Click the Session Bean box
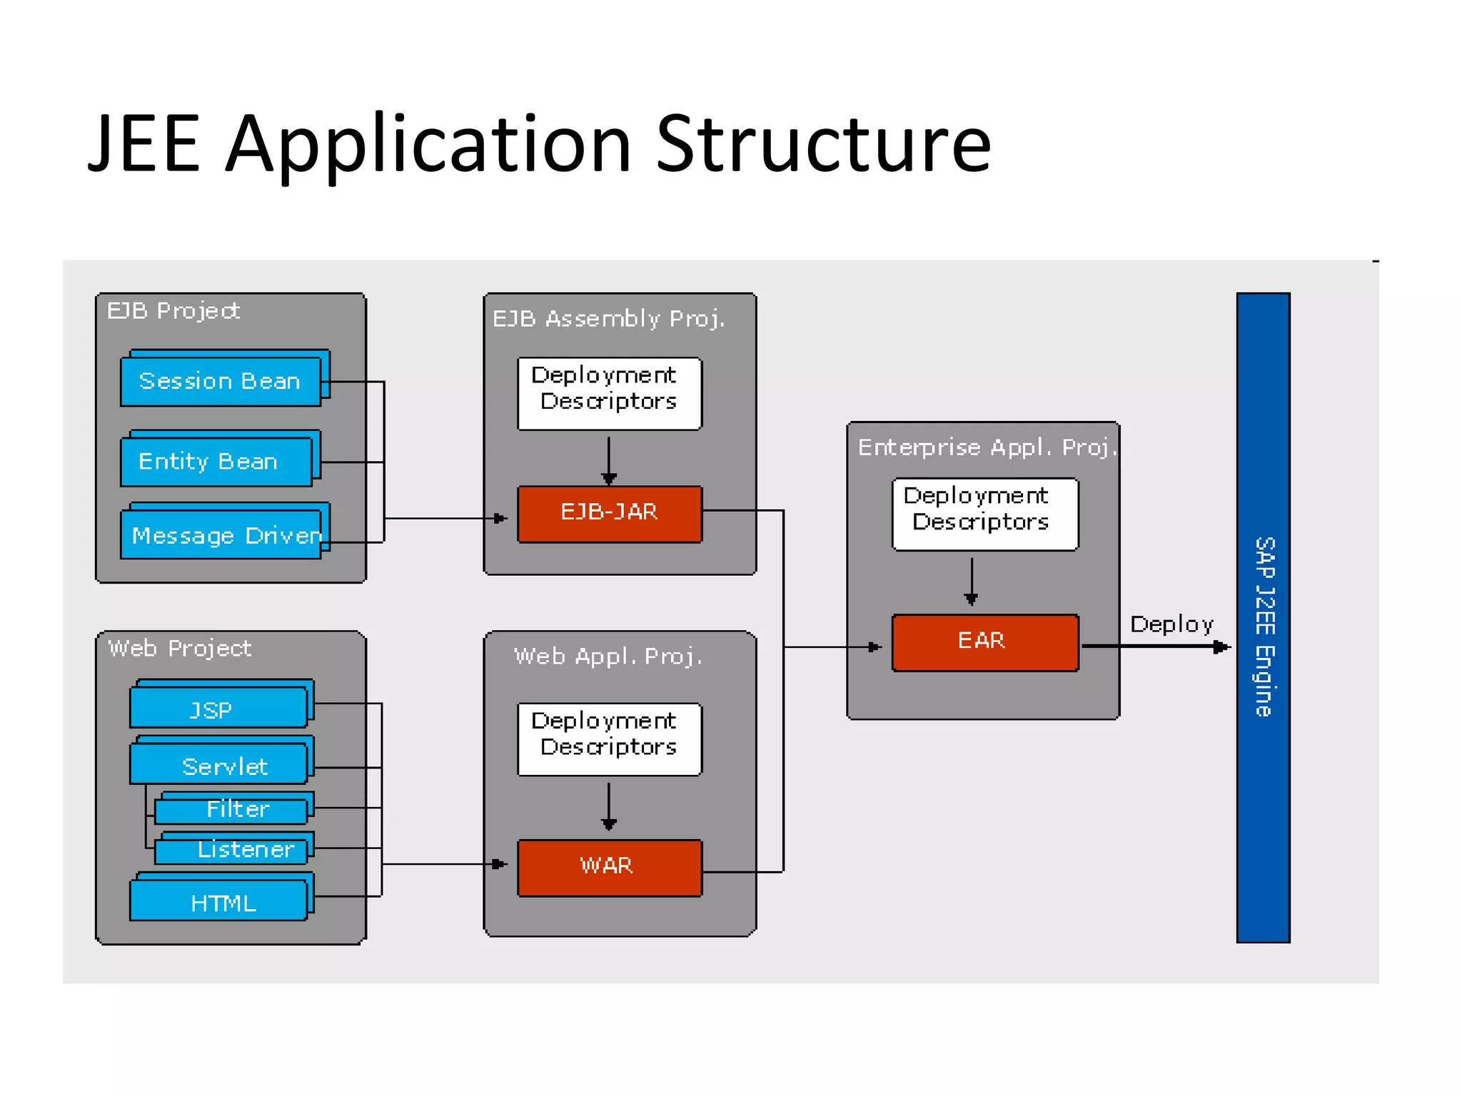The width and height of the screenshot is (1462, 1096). pyautogui.click(x=221, y=382)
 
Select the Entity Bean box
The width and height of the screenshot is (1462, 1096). pyautogui.click(x=216, y=462)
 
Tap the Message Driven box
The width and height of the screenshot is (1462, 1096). pyautogui.click(x=221, y=535)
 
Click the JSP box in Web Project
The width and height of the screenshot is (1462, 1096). pyautogui.click(x=218, y=708)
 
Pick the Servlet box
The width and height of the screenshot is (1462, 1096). pyautogui.click(x=218, y=764)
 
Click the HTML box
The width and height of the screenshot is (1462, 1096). pyautogui.click(x=218, y=901)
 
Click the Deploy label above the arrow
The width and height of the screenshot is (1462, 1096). pyautogui.click(x=1171, y=624)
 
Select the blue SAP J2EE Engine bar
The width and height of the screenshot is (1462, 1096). pyautogui.click(x=1263, y=618)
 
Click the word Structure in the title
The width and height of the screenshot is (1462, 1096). pyautogui.click(x=823, y=145)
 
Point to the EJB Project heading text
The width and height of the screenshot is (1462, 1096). pyautogui.click(x=173, y=311)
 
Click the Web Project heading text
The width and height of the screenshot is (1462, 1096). pyautogui.click(x=179, y=649)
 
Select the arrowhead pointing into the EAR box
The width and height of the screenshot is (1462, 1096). pyautogui.click(x=874, y=647)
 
